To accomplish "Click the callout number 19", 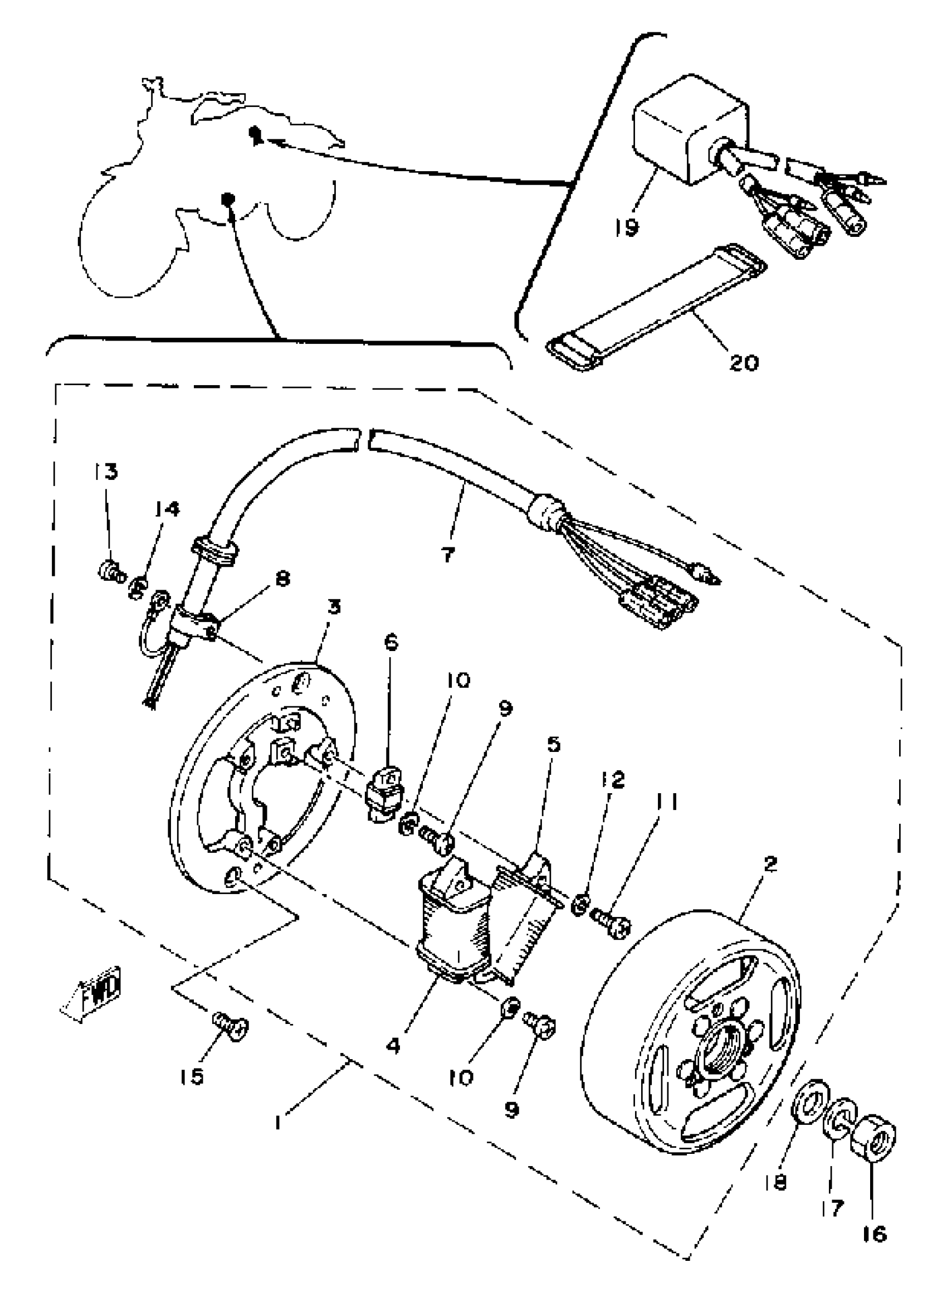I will (627, 227).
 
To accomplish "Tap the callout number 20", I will (744, 362).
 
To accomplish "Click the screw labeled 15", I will (231, 1023).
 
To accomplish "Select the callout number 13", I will (106, 472).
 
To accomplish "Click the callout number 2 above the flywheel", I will (770, 864).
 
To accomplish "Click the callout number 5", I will (553, 745).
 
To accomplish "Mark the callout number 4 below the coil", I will (393, 1045).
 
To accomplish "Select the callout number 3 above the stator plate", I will (334, 606).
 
